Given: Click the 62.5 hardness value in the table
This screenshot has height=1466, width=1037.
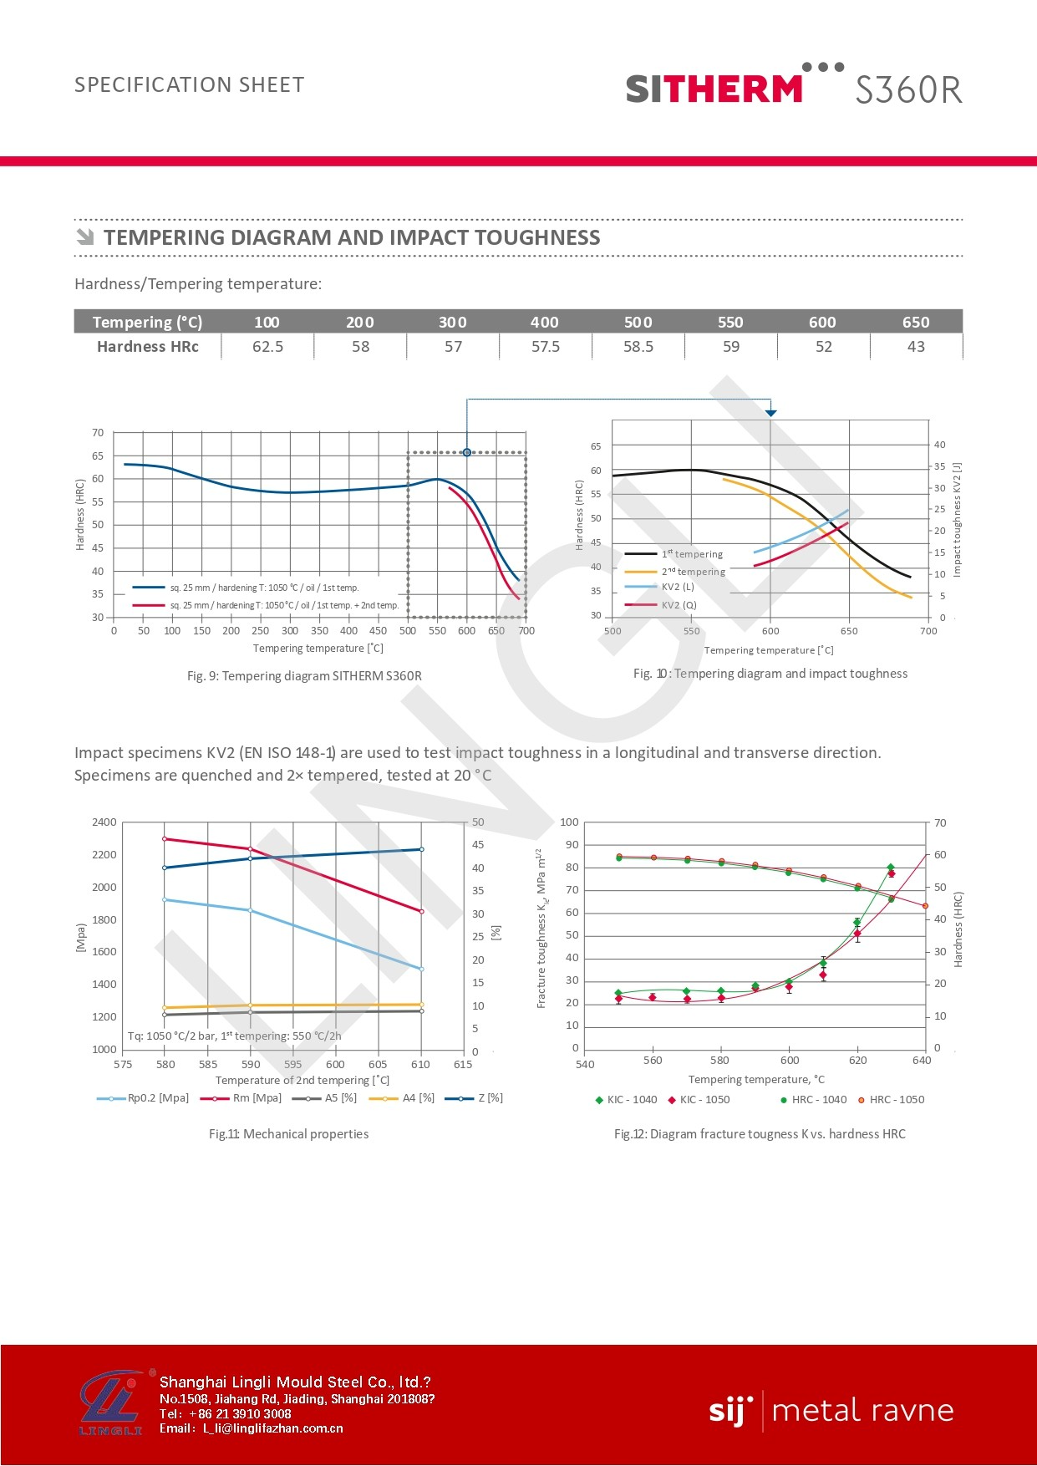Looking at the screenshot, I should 267,347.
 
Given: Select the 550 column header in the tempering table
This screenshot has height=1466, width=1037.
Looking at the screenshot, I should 730,322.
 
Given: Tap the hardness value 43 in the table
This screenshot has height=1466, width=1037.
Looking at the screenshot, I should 916,347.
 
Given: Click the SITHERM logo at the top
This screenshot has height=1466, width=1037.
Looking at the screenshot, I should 714,88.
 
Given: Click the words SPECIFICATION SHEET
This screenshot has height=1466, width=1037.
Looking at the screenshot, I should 190,85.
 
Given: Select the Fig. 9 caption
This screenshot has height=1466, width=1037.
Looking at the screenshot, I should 304,675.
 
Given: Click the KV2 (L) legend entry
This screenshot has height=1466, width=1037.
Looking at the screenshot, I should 678,587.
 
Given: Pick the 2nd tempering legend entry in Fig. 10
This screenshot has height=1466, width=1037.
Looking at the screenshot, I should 693,572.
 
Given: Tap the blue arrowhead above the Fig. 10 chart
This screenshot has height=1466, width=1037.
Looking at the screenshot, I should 770,413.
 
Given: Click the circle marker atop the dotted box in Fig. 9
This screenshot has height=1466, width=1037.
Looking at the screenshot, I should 467,452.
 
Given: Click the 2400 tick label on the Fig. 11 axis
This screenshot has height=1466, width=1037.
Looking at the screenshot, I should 104,822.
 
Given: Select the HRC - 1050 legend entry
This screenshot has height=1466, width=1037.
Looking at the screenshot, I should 897,1100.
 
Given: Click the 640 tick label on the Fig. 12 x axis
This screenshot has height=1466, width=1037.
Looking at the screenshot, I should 922,1061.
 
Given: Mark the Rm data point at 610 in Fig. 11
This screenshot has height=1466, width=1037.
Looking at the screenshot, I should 421,912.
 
